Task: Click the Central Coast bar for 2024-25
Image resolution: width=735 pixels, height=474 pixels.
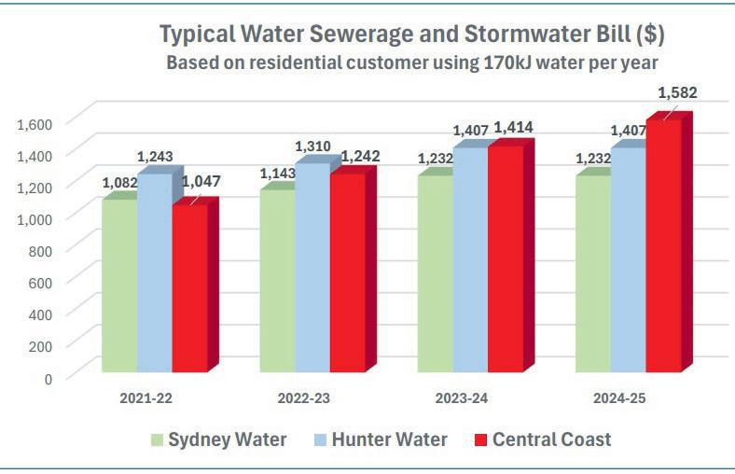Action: pyautogui.click(x=664, y=247)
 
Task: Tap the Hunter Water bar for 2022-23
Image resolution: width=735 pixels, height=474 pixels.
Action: pyautogui.click(x=312, y=271)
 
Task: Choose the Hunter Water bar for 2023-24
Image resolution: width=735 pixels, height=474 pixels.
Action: pyautogui.click(x=470, y=261)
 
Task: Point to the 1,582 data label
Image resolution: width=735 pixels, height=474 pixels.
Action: pyautogui.click(x=678, y=93)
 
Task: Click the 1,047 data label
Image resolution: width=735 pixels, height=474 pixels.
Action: pyautogui.click(x=201, y=182)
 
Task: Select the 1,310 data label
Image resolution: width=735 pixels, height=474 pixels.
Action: pyautogui.click(x=313, y=146)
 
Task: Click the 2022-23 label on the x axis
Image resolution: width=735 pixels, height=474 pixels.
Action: pyautogui.click(x=304, y=398)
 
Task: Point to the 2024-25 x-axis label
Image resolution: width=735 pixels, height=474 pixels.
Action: pyautogui.click(x=619, y=398)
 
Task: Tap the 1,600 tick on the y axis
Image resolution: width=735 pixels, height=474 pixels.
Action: pyautogui.click(x=37, y=121)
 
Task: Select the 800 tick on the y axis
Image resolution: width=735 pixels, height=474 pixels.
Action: pyautogui.click(x=44, y=249)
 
